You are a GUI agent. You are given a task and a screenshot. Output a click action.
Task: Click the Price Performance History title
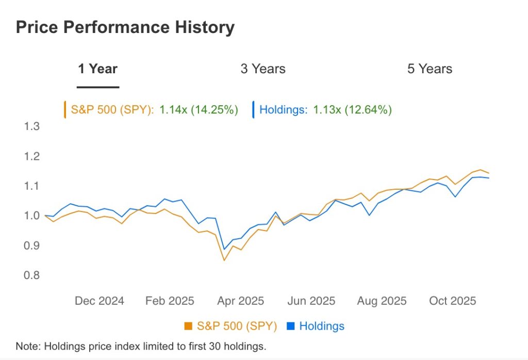pyautogui.click(x=125, y=27)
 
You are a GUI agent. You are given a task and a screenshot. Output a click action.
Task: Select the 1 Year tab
pyautogui.click(x=97, y=69)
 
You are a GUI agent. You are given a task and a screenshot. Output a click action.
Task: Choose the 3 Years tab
pyautogui.click(x=262, y=69)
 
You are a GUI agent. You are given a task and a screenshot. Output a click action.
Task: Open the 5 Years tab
pyautogui.click(x=430, y=69)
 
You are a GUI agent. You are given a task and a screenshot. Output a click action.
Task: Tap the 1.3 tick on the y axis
pyautogui.click(x=32, y=126)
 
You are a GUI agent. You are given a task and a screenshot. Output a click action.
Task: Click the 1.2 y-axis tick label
pyautogui.click(x=32, y=156)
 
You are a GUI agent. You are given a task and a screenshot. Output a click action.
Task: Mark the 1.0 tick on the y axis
pyautogui.click(x=32, y=216)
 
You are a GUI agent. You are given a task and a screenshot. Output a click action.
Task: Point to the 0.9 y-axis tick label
pyautogui.click(x=32, y=246)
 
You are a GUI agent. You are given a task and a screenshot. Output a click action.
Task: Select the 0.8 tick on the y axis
pyautogui.click(x=32, y=275)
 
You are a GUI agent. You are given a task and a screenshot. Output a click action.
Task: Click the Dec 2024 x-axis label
pyautogui.click(x=99, y=301)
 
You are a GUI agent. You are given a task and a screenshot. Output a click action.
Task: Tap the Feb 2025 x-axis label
pyautogui.click(x=170, y=301)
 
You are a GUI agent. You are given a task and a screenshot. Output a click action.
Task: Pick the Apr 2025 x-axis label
pyautogui.click(x=240, y=301)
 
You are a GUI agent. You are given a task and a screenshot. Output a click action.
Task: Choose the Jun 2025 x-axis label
pyautogui.click(x=310, y=301)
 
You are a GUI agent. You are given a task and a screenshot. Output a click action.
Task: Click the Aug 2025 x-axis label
pyautogui.click(x=382, y=301)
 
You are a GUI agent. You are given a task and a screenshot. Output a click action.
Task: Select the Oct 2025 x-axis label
pyautogui.click(x=452, y=301)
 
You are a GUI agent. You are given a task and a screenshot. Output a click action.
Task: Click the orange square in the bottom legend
pyautogui.click(x=188, y=326)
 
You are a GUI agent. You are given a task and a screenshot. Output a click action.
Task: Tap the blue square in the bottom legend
pyautogui.click(x=290, y=326)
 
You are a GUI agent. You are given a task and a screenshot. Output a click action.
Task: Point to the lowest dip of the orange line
pyautogui.click(x=224, y=260)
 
